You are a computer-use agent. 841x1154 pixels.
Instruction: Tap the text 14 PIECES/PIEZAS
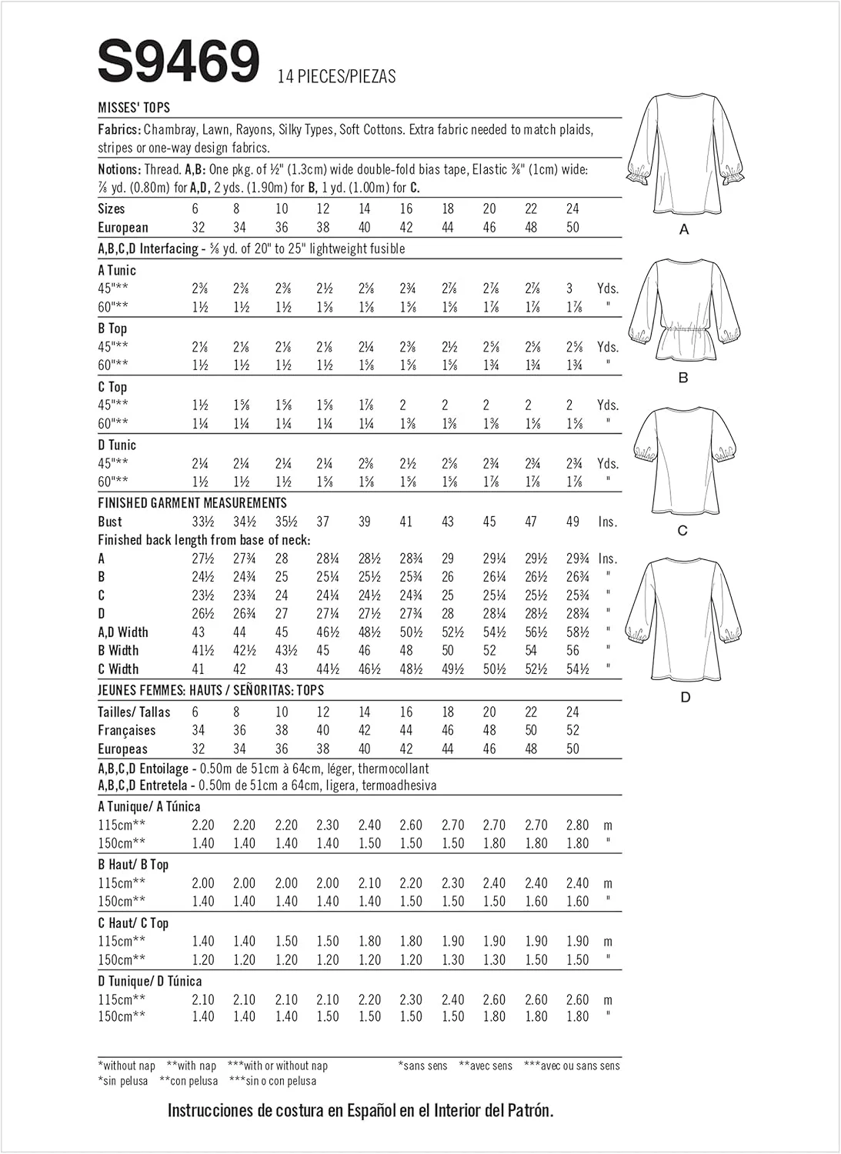click(337, 76)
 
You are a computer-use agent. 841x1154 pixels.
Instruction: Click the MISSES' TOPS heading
click(134, 108)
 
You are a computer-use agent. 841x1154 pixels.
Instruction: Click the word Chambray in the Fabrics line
click(169, 129)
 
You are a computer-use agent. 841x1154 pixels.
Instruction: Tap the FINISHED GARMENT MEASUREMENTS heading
click(192, 503)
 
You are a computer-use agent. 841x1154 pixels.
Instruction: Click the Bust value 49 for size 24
click(572, 522)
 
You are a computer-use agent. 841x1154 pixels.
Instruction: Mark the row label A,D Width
click(123, 632)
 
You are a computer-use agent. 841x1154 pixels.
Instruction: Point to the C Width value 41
click(199, 669)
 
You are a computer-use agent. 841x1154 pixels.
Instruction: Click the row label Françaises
click(127, 731)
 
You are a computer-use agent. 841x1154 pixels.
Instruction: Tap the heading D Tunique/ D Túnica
click(150, 982)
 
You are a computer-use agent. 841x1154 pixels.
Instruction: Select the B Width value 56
click(572, 651)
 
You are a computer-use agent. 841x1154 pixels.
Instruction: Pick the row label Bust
click(110, 522)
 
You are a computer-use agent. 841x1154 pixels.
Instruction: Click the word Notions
click(119, 169)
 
